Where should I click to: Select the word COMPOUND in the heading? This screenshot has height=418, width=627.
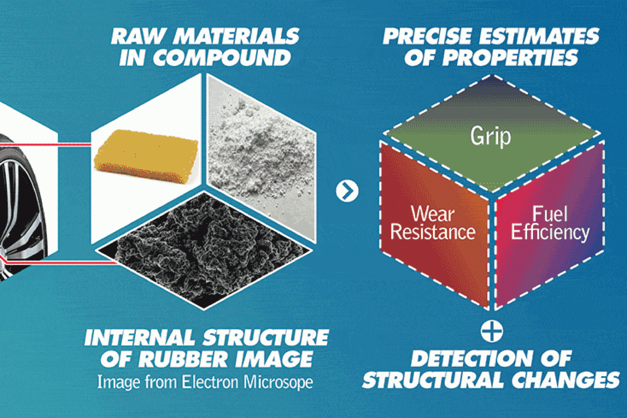pos(222,57)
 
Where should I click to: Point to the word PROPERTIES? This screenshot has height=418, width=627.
pos(510,57)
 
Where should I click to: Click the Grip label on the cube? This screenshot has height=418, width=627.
pos(490,137)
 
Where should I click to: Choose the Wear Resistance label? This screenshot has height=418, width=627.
pos(433,223)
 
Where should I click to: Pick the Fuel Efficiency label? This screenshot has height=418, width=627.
pos(550,223)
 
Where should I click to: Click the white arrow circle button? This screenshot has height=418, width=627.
pos(347,191)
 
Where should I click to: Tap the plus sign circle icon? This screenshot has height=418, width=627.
pos(491,331)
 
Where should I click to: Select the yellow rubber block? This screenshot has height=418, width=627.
pos(147,156)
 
